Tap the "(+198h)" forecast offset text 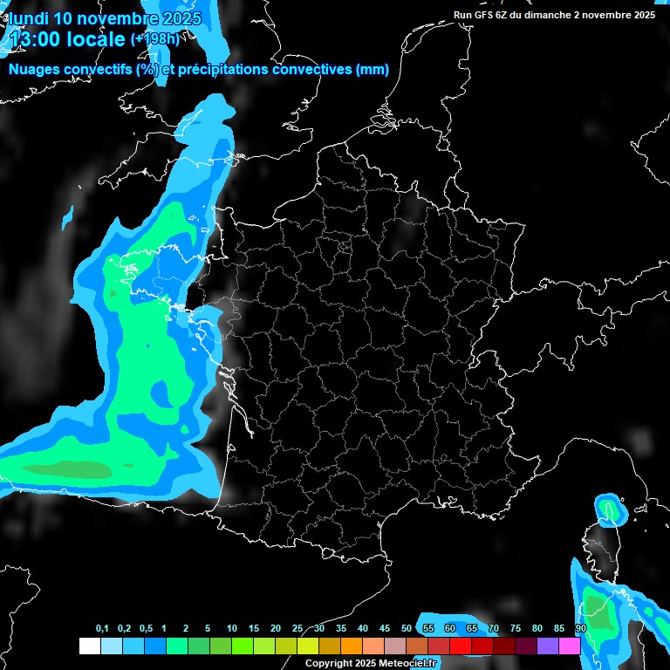156,39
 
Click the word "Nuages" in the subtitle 33,70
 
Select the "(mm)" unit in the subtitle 373,70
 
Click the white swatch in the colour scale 89,646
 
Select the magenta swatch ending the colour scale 570,646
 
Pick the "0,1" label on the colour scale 102,629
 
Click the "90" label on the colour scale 581,629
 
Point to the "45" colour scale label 385,629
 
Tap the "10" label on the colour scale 232,629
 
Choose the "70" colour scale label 494,629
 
